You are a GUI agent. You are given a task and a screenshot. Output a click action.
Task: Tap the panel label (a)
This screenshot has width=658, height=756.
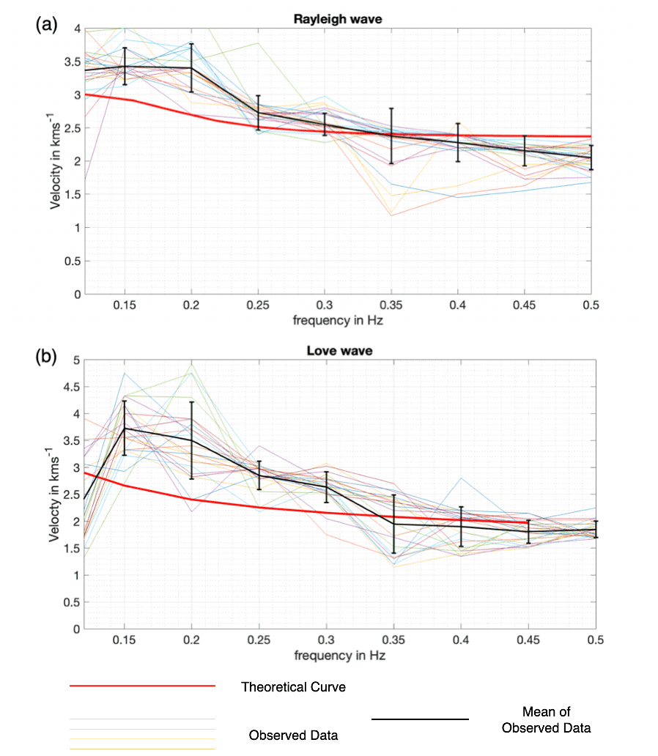[x=45, y=24]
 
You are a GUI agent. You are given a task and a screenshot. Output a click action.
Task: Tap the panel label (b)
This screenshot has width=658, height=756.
[x=45, y=357]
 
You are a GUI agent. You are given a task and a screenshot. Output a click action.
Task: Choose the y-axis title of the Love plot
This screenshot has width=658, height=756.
[x=56, y=493]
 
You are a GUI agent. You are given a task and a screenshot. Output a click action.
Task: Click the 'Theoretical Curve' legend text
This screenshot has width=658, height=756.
[x=293, y=687]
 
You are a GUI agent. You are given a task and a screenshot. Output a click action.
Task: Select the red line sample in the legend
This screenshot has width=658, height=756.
[x=142, y=686]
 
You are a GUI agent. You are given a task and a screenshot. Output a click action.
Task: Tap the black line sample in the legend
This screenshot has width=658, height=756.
[x=420, y=719]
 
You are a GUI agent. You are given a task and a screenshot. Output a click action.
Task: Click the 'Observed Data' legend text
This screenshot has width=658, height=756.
[x=293, y=735]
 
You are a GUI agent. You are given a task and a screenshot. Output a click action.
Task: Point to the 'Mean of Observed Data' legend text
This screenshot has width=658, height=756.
[x=546, y=719]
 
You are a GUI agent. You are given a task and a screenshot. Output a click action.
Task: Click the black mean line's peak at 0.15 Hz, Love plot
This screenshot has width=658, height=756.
[x=125, y=428]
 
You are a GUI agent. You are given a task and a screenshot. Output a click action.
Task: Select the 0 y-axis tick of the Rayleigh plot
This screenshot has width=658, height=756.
[x=77, y=294]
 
